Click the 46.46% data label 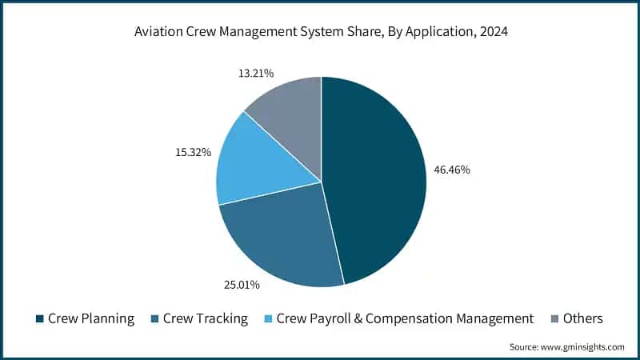point(452,170)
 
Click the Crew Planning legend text point(91,318)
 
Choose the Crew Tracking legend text point(206,318)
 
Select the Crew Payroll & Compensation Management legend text point(404,318)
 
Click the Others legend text point(583,318)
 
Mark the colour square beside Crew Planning point(40,319)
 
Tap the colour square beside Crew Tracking point(155,319)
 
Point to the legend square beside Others point(554,319)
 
